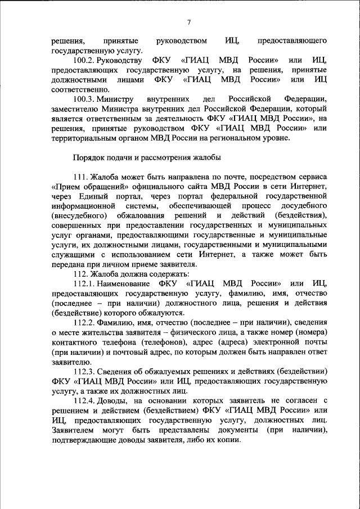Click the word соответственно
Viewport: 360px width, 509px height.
pyautogui.click(x=78, y=89)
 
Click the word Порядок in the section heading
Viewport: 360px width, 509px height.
pyautogui.click(x=89, y=157)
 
